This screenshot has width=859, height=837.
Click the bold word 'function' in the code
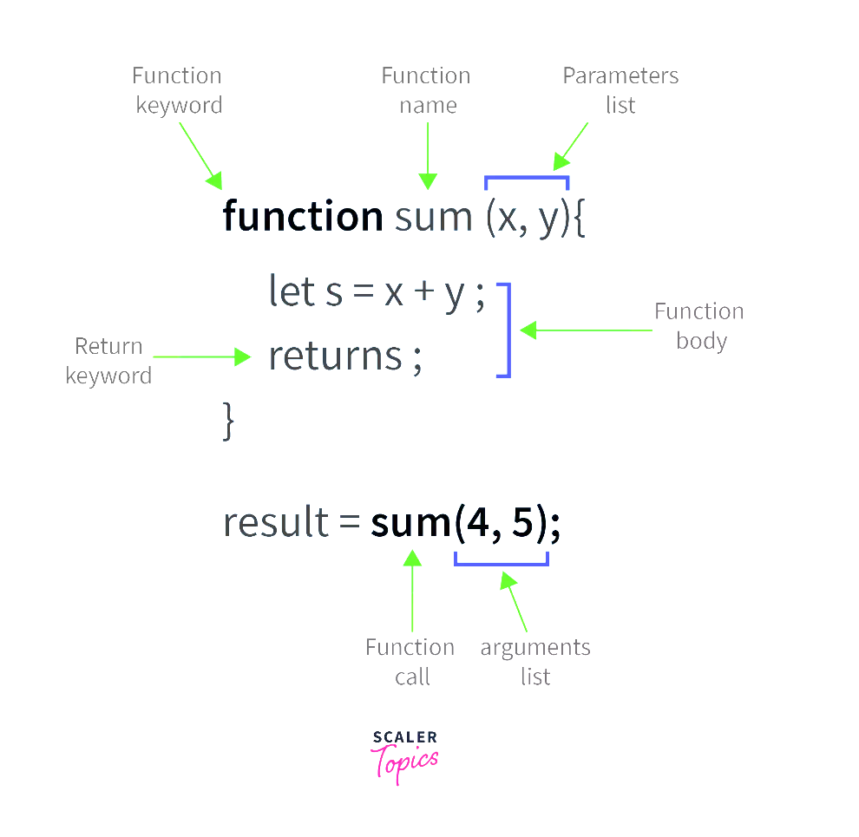coord(303,216)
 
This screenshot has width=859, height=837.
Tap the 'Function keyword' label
coord(178,90)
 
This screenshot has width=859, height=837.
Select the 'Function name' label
coord(426,90)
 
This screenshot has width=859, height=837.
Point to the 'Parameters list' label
coord(620,90)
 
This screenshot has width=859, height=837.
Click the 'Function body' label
coord(699,326)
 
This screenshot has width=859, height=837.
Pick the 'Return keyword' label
coord(108,361)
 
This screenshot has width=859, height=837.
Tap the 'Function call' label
coord(410,661)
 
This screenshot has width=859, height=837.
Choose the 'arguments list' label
coord(535,662)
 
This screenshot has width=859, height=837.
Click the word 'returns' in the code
coord(335,356)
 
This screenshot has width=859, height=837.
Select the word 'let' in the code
coord(292,291)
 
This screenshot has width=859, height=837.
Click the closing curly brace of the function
coord(228,421)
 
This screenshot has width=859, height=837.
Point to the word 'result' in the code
coord(276,522)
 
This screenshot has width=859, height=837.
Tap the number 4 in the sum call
coord(478,522)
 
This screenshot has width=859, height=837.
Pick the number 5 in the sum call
coord(522,522)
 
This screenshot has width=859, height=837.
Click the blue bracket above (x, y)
coord(527,178)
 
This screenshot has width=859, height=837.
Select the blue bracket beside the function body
coord(509,330)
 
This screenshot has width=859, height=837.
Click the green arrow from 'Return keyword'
coord(201,356)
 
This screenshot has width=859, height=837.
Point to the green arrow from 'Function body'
coord(586,330)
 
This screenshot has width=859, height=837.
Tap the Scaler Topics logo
coord(405,757)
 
